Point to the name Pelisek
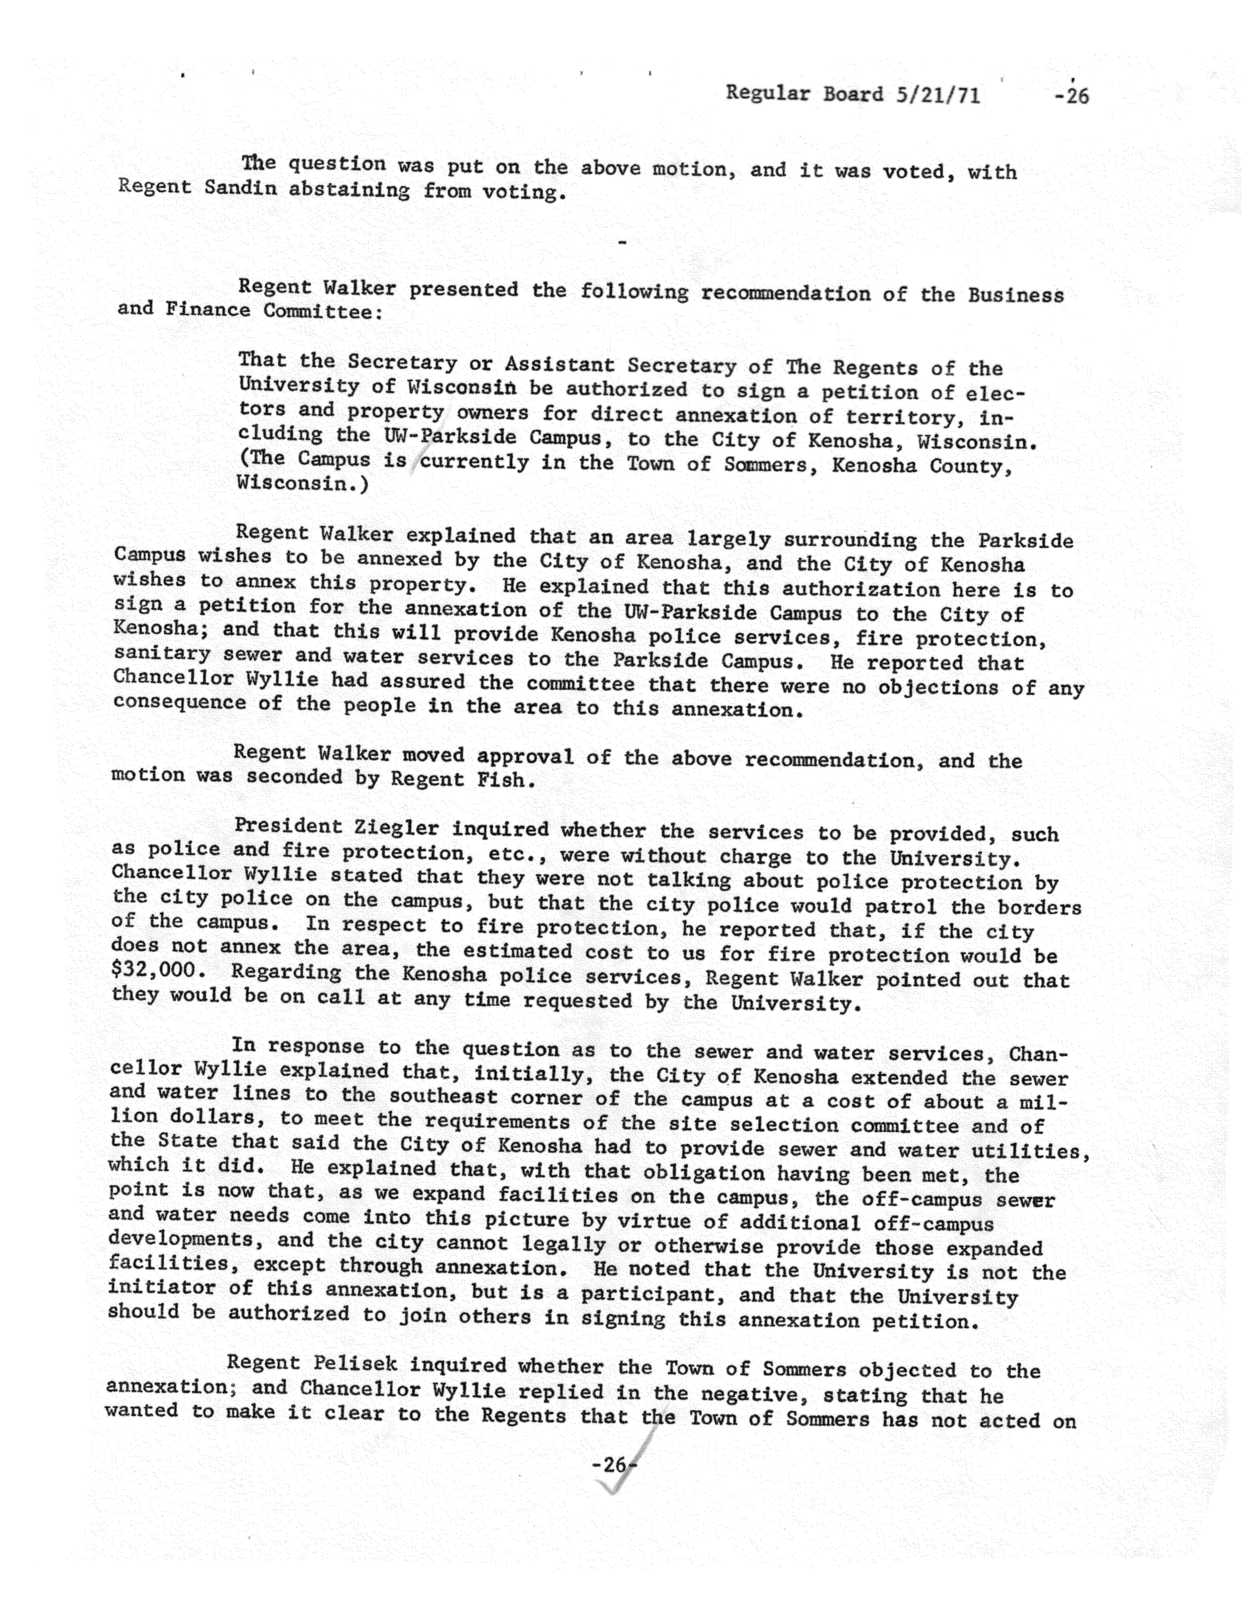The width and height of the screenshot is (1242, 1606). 355,1363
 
